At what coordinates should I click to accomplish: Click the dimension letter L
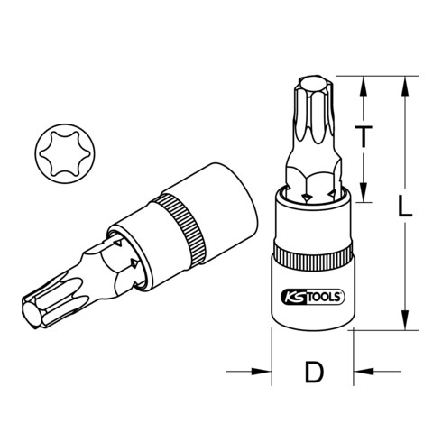point(406,209)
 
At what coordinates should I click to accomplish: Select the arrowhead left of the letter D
point(265,370)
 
